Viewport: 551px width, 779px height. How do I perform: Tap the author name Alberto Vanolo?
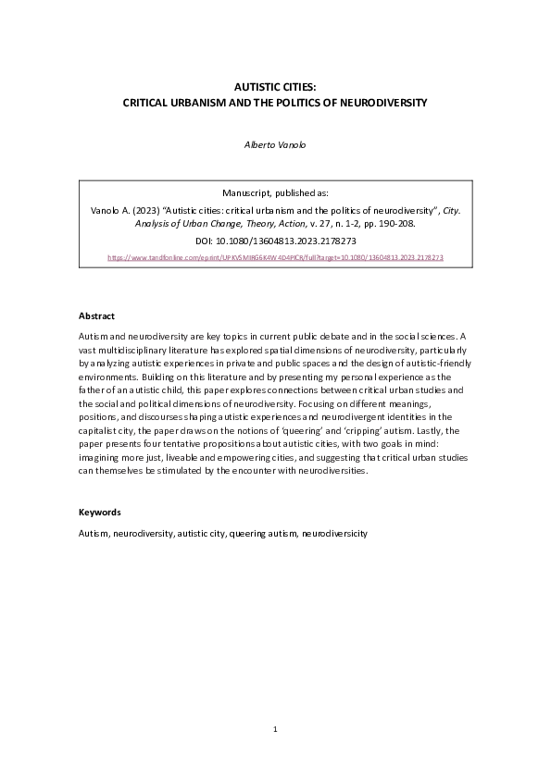click(x=275, y=144)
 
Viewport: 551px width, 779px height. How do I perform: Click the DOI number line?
click(x=275, y=240)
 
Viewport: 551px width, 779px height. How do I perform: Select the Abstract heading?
click(x=96, y=315)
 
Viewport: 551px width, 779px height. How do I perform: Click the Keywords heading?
click(x=100, y=512)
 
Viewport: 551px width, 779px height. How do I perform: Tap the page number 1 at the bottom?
click(x=275, y=730)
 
